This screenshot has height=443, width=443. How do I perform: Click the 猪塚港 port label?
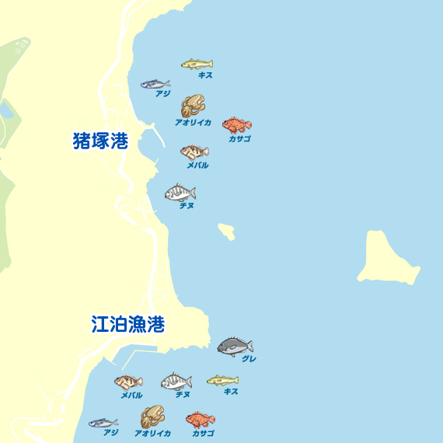(x=100, y=141)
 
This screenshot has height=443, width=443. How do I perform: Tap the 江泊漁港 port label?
(x=127, y=324)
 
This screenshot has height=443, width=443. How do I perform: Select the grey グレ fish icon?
(x=234, y=345)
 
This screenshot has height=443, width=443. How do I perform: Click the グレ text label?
(x=249, y=359)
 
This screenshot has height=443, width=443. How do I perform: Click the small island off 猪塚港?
(x=227, y=231)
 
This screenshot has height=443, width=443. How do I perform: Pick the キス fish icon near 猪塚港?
(x=197, y=64)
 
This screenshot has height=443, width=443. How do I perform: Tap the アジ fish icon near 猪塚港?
(x=155, y=84)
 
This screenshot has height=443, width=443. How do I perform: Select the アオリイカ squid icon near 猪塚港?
(x=193, y=106)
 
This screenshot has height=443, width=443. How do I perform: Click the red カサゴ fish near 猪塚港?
(x=236, y=125)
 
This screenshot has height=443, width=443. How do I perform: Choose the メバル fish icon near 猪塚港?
(x=194, y=152)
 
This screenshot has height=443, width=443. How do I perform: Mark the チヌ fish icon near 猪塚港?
(x=180, y=192)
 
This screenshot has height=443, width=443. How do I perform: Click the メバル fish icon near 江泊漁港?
(x=128, y=382)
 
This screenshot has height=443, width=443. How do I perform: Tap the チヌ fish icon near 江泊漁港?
(x=176, y=382)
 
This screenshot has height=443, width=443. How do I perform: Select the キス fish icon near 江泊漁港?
(x=222, y=380)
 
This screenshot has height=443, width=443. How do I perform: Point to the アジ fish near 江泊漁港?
(x=103, y=423)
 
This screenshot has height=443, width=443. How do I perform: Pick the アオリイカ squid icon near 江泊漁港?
(x=152, y=417)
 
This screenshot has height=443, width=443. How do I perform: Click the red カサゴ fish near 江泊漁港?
(x=200, y=420)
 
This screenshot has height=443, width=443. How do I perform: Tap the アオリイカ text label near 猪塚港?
(x=193, y=123)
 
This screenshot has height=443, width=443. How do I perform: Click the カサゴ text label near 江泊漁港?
(x=203, y=433)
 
